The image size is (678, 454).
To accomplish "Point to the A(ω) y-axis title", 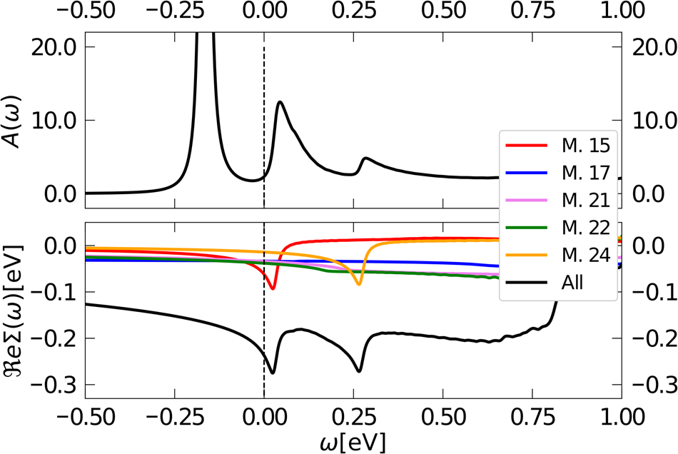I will pyautogui.click(x=15, y=119).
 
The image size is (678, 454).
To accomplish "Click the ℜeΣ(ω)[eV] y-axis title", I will pyautogui.click(x=15, y=310).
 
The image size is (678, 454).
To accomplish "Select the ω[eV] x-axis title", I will pyautogui.click(x=353, y=441).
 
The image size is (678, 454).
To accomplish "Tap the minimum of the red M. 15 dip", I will pyautogui.click(x=273, y=288).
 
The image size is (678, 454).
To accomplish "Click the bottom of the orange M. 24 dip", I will pyautogui.click(x=359, y=284).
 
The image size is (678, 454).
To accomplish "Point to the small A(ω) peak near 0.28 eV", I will pyautogui.click(x=366, y=158).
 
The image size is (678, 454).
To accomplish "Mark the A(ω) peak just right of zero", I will pyautogui.click(x=280, y=101).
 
